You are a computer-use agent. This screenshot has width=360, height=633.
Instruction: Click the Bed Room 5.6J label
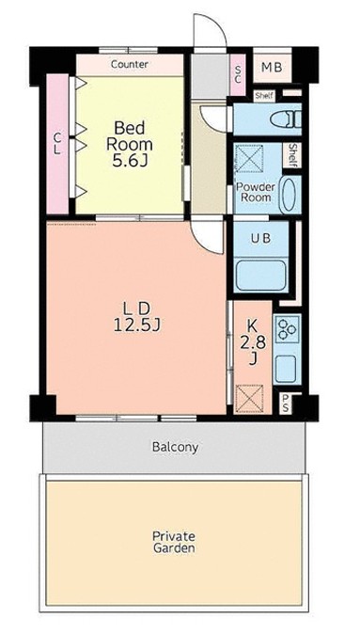pyautogui.click(x=129, y=144)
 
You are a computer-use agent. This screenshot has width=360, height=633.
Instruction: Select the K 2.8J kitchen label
pyautogui.click(x=253, y=342)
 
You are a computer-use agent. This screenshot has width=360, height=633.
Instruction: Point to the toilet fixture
pyautogui.click(x=286, y=119)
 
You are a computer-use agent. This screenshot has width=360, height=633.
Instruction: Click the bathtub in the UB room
pyautogui.click(x=260, y=276)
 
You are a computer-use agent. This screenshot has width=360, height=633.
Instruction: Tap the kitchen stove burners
pyautogui.click(x=287, y=327)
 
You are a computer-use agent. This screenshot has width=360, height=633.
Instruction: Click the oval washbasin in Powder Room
pyautogui.click(x=290, y=196)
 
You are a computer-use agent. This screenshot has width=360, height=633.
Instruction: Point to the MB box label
pyautogui.click(x=272, y=67)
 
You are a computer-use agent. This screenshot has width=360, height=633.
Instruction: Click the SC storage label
pyautogui.click(x=237, y=74)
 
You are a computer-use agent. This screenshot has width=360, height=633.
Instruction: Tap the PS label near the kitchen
pyautogui.click(x=286, y=404)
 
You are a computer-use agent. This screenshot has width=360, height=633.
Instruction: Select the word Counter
pyautogui.click(x=129, y=64)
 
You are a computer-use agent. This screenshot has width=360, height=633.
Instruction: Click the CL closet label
pyautogui.click(x=57, y=144)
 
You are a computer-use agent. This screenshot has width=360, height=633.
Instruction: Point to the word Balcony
pyautogui.click(x=175, y=447)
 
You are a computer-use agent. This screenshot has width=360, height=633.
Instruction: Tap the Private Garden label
pyautogui.click(x=174, y=542)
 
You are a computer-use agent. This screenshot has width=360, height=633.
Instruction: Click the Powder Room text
pyautogui.click(x=256, y=192)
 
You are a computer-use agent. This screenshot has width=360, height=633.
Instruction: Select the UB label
pyautogui.click(x=260, y=238)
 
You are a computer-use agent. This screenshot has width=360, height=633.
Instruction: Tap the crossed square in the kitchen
pyautogui.click(x=249, y=399)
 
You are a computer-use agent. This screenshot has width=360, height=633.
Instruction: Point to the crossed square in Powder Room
pyautogui.click(x=249, y=159)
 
